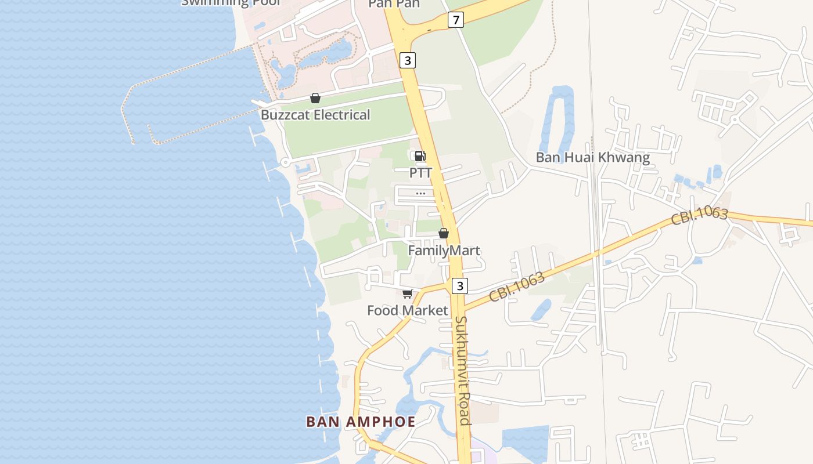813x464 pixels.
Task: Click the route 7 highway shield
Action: coord(456,20)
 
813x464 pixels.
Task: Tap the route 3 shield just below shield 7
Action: coord(408,60)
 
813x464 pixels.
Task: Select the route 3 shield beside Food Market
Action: coord(460,285)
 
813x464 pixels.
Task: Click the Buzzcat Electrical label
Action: coord(315,115)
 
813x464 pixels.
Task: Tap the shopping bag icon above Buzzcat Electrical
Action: coord(315,98)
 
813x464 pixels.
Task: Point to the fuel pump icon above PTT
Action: coord(420,155)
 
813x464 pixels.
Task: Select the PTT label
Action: coord(420,173)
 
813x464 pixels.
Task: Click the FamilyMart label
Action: coord(444,251)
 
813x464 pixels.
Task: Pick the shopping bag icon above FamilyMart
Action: coord(444,233)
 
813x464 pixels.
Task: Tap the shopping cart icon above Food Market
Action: coord(408,293)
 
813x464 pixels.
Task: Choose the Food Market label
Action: coord(408,311)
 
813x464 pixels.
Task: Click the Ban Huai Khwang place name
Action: coord(592,157)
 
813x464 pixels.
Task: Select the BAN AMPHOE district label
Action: coord(361,422)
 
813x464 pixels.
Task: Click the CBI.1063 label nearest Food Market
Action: coord(516,287)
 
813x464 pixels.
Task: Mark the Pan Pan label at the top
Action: coord(394,4)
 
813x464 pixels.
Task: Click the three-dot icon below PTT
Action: coord(420,193)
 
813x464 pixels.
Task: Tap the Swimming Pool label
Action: coord(231,3)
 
